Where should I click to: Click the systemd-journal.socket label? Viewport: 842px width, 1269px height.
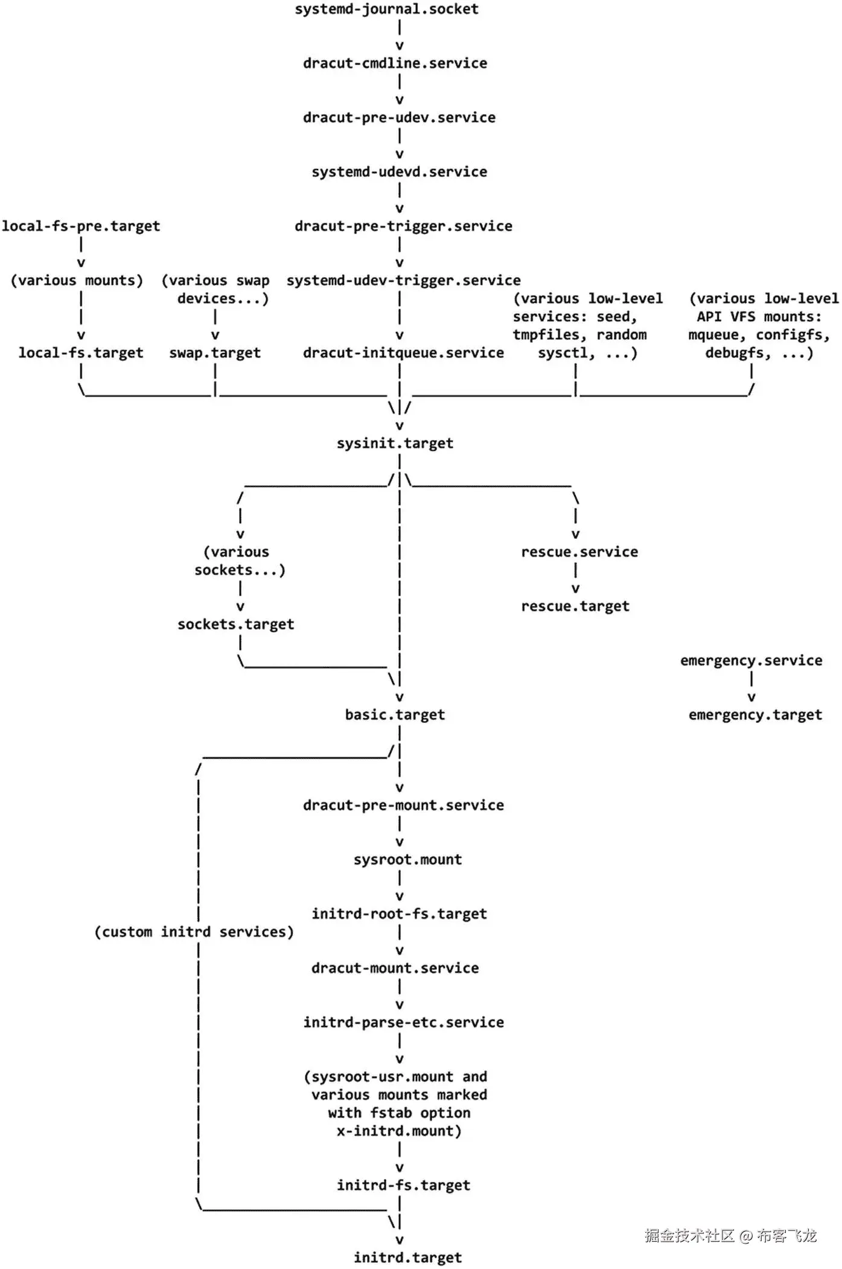(x=386, y=9)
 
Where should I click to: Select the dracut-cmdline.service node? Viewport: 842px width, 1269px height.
(x=395, y=63)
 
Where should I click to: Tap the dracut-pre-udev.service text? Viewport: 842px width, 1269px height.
(x=399, y=118)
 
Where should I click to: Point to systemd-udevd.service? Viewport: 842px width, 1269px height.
(x=399, y=172)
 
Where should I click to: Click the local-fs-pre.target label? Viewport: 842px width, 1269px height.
(x=81, y=226)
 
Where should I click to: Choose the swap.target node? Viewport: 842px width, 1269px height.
(x=215, y=353)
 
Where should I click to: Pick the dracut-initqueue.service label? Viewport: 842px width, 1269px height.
(x=403, y=353)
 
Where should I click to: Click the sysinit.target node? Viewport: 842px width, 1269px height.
(x=395, y=444)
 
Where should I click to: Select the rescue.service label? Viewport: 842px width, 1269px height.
(x=579, y=552)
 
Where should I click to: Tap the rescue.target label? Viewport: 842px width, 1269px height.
(x=575, y=606)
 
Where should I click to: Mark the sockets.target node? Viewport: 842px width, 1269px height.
(x=235, y=625)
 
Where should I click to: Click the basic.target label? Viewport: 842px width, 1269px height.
(x=395, y=715)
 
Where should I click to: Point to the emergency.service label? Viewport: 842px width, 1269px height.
(x=751, y=661)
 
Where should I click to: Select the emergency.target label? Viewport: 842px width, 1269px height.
(x=755, y=715)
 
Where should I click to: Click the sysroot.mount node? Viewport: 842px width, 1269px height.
(x=407, y=860)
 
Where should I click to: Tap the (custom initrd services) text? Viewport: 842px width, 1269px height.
(x=194, y=932)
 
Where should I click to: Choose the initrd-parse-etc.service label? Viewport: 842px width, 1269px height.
(x=403, y=1023)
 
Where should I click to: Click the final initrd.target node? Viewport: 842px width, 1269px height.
(x=407, y=1258)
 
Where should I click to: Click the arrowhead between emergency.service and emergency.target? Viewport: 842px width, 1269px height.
(x=751, y=698)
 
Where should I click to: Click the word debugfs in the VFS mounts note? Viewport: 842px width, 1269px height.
(x=738, y=353)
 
